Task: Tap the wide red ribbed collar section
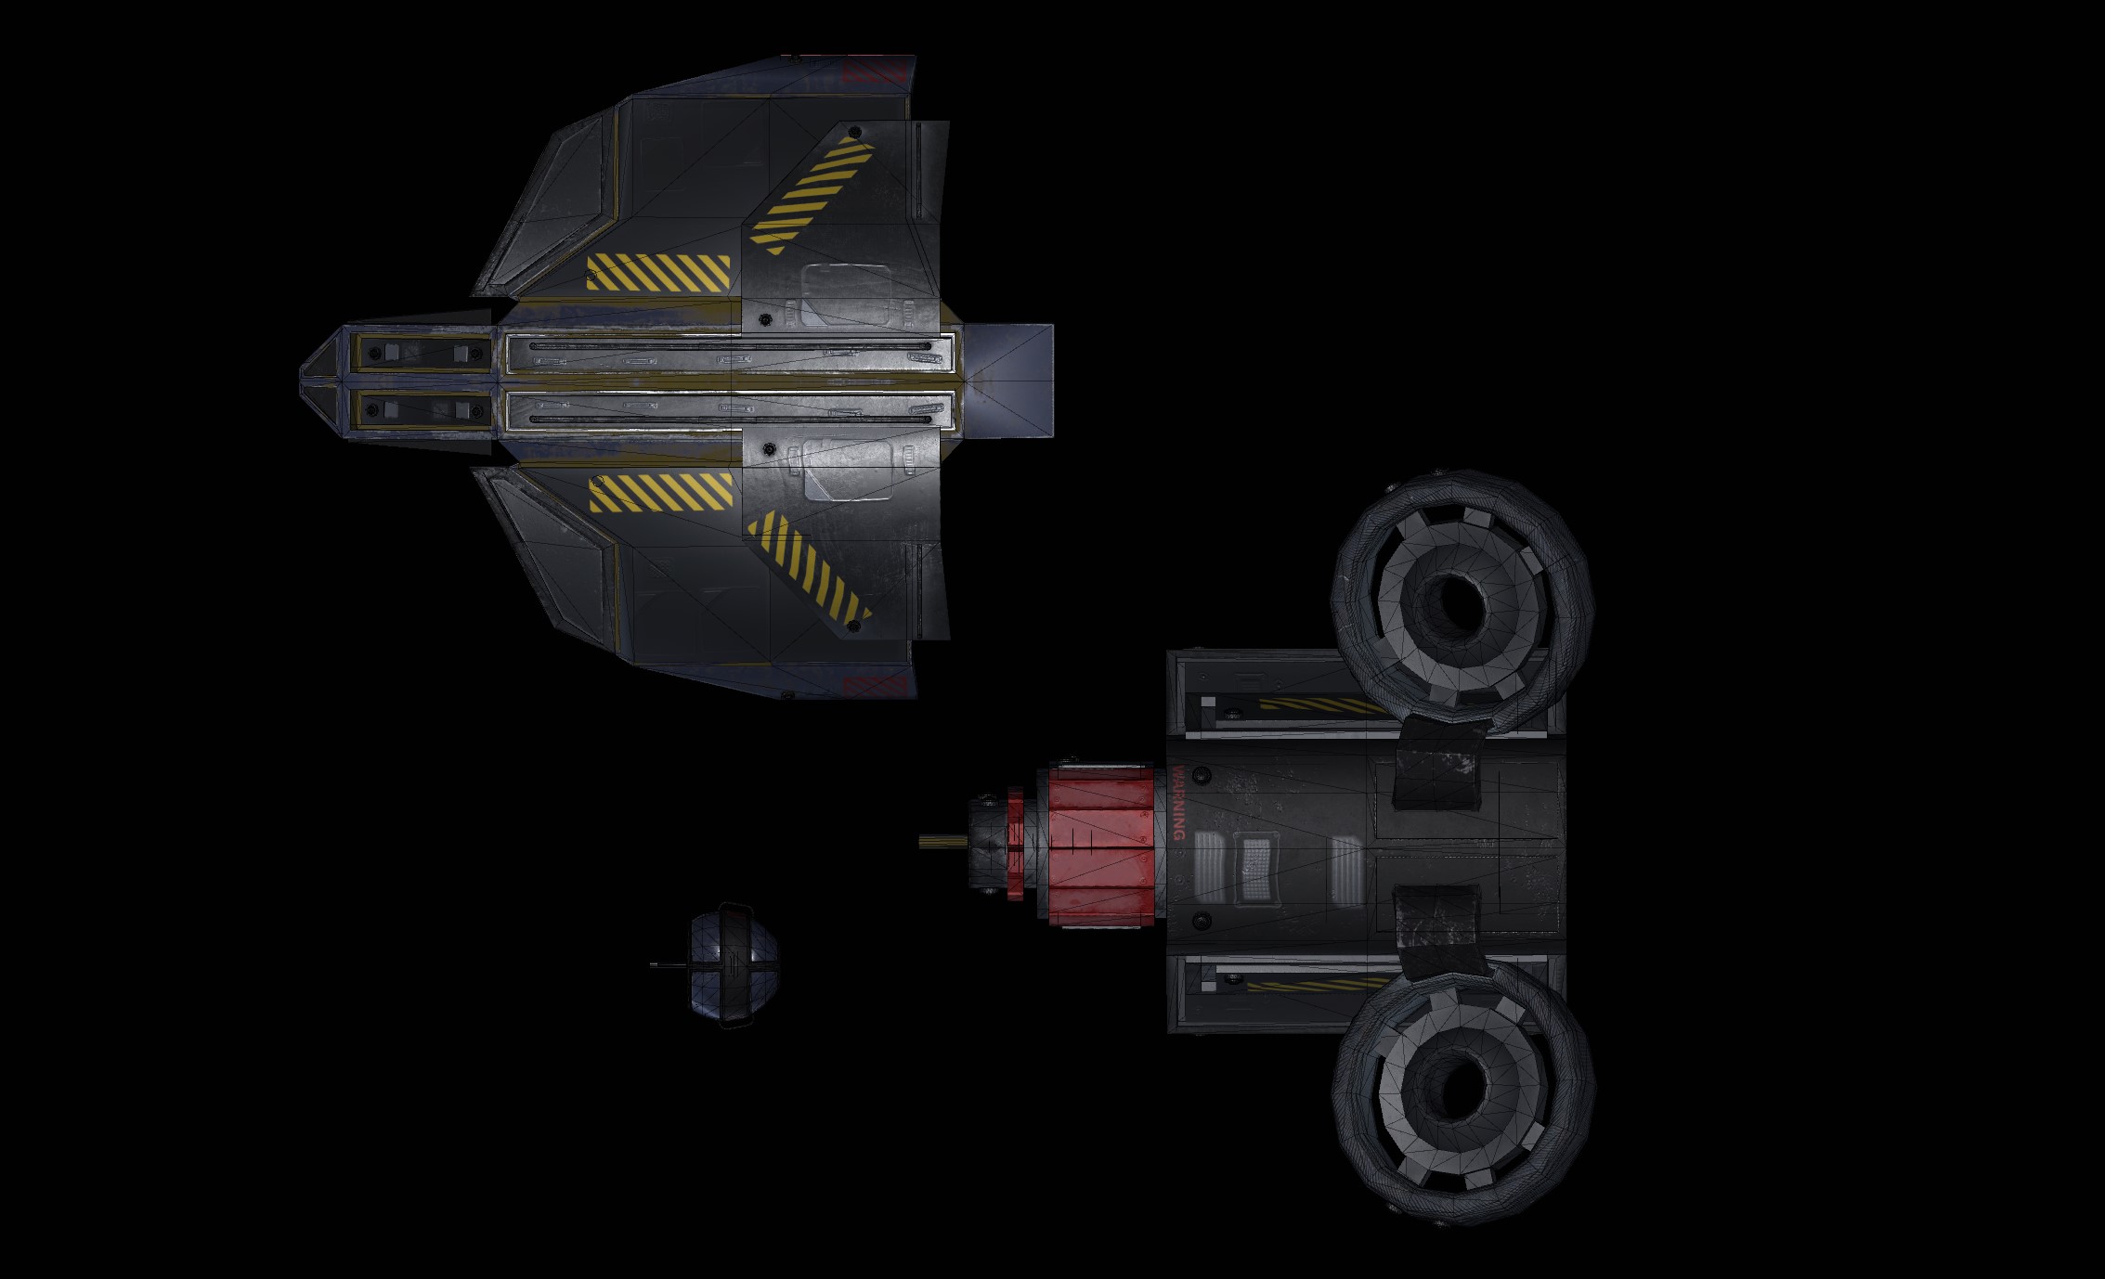(x=1102, y=844)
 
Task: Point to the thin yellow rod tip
(x=921, y=843)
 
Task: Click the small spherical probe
(x=734, y=965)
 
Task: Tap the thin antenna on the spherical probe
(x=669, y=965)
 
